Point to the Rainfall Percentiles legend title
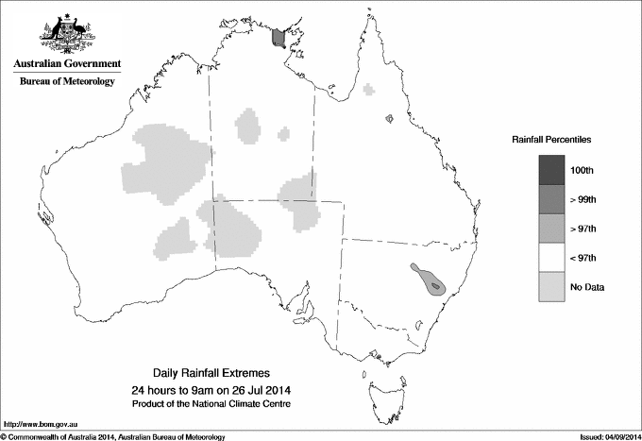(551, 140)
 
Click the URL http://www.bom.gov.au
(40, 424)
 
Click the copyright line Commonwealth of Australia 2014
(113, 436)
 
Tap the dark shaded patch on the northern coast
(278, 37)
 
